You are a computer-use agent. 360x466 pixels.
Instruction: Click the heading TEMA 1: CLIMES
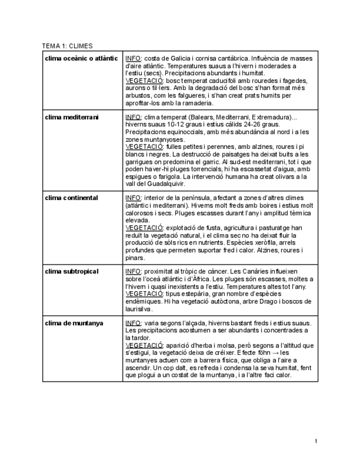68,46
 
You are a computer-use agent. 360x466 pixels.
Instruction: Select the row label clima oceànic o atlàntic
81,58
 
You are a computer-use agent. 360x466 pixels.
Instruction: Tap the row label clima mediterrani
72,117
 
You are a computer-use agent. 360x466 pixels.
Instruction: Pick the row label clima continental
71,198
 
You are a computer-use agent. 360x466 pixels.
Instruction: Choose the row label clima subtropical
71,271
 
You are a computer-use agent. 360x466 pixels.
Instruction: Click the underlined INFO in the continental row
134,198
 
